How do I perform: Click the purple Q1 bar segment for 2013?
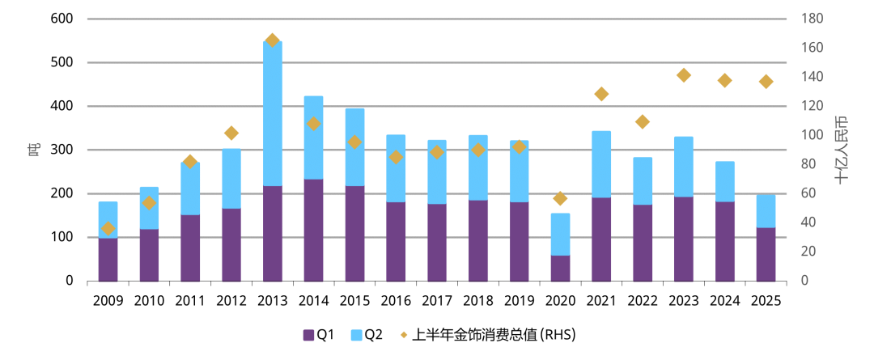click(273, 233)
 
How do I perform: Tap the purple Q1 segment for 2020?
click(560, 268)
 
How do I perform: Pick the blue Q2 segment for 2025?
click(766, 211)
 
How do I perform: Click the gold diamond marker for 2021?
click(601, 94)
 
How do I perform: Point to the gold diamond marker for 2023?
click(684, 75)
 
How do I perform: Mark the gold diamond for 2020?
click(560, 198)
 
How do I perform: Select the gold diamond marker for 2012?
click(231, 133)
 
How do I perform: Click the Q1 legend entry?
click(320, 334)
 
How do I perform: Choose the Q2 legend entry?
click(367, 334)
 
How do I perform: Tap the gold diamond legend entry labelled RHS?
click(486, 334)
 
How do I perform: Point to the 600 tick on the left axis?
click(62, 19)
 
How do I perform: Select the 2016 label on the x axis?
click(396, 301)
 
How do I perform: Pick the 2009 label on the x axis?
click(108, 301)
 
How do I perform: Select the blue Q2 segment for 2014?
click(314, 138)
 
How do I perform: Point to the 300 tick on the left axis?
click(62, 150)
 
